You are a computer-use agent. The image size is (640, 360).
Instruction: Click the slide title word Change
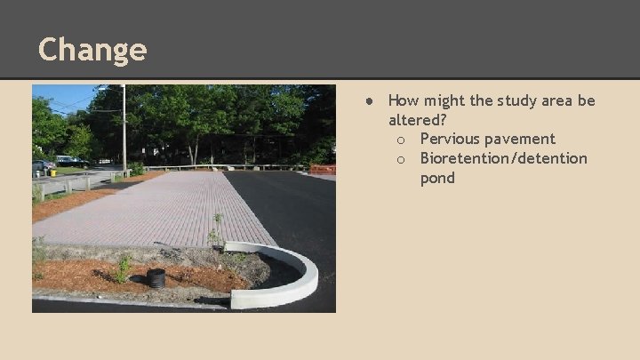coord(92,49)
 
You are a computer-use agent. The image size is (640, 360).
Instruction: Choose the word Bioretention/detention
coord(503,158)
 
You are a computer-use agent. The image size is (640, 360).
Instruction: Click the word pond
coord(437,178)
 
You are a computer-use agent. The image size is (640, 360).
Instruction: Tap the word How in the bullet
coord(404,100)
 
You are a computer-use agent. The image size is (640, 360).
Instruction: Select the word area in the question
coord(548,100)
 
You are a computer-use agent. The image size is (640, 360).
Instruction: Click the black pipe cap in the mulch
coord(156,278)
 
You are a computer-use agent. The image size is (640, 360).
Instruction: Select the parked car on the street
coord(43,166)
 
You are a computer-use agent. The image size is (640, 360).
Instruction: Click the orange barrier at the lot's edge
coord(323,169)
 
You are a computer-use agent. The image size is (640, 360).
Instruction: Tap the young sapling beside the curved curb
coord(216,231)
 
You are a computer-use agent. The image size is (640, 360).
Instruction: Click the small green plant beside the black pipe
coord(123,268)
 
